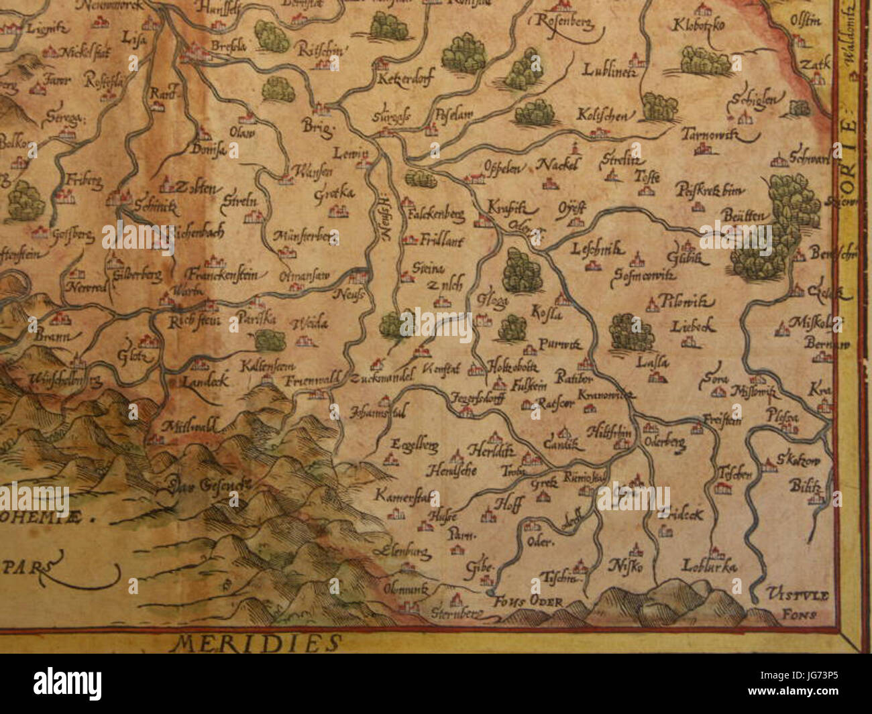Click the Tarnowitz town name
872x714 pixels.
click(x=709, y=135)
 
